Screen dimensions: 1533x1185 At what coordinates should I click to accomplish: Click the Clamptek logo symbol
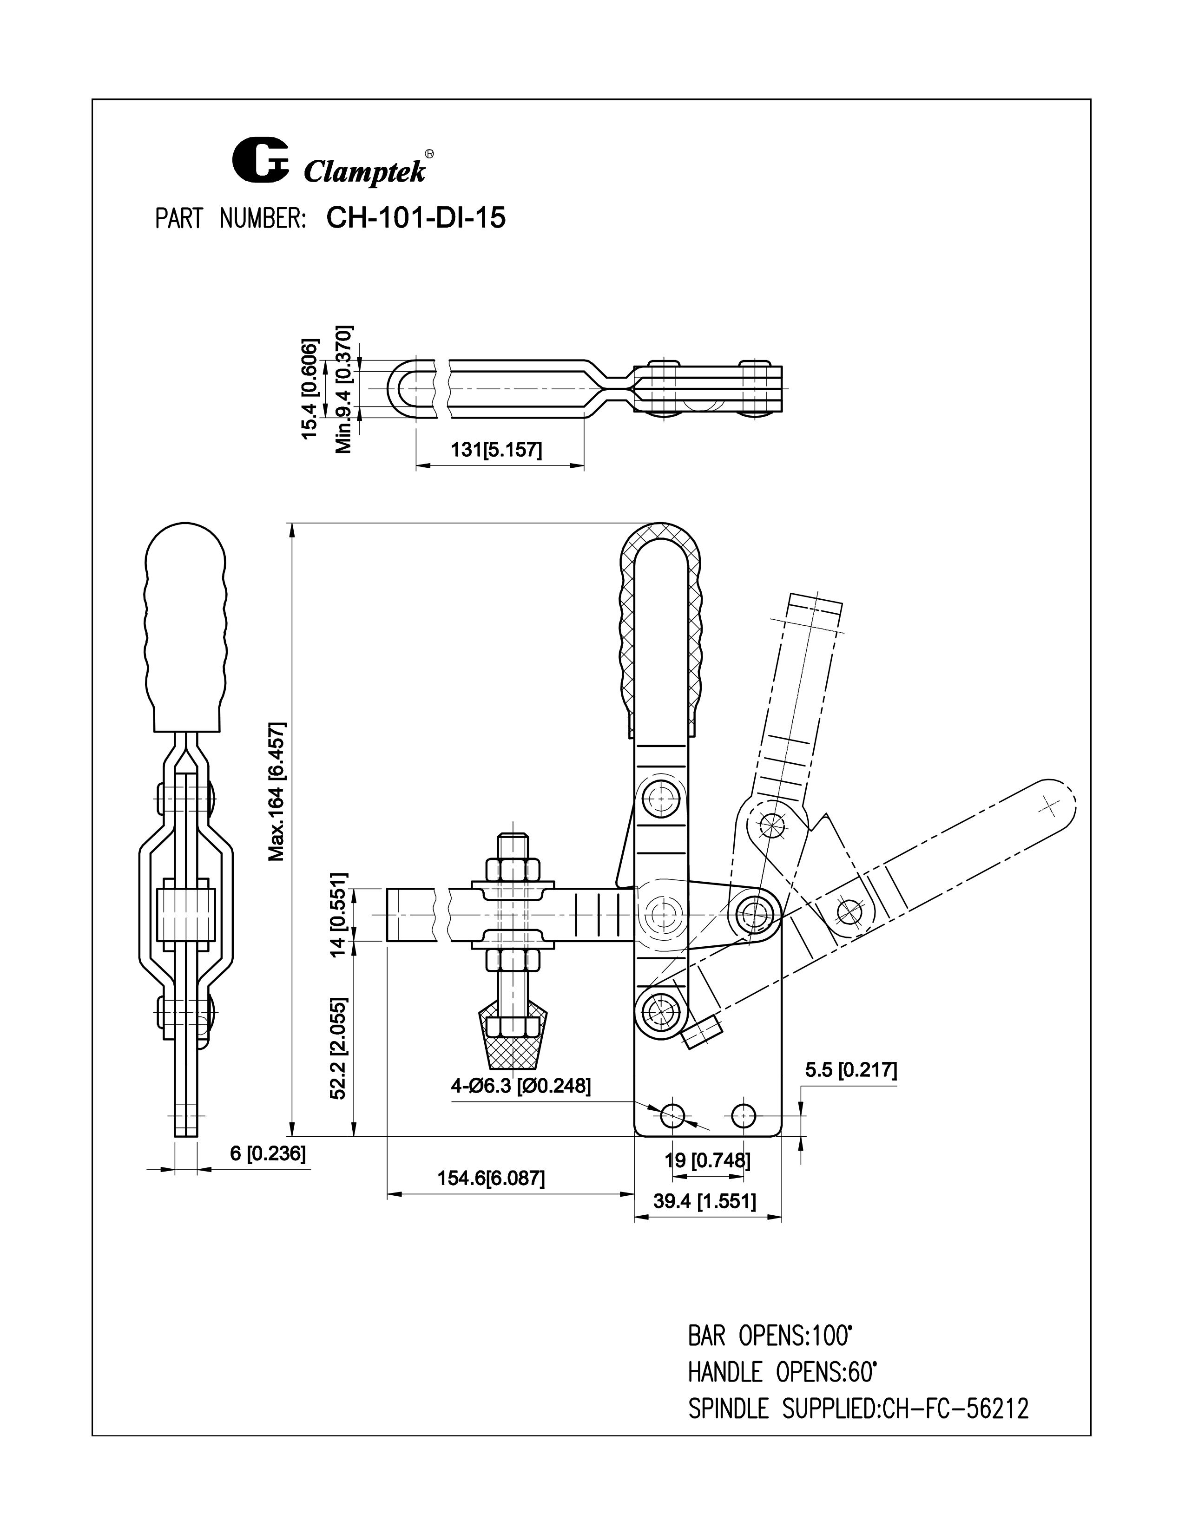[260, 160]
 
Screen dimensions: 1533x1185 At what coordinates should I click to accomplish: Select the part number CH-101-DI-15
[415, 218]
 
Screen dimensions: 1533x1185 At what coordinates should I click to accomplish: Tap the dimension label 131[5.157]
[496, 450]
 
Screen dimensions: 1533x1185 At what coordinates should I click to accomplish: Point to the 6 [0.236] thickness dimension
[268, 1153]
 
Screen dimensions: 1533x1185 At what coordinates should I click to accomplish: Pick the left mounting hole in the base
[672, 1114]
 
